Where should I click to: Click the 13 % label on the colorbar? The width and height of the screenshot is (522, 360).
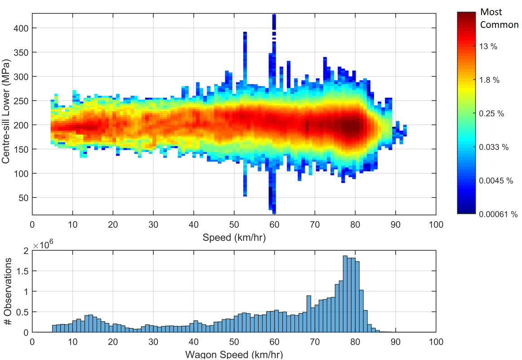(488, 46)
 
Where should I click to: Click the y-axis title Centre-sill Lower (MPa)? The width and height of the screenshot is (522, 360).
(6, 113)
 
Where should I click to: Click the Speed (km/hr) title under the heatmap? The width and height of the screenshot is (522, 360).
(234, 238)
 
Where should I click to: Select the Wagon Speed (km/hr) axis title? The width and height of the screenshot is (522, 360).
(234, 355)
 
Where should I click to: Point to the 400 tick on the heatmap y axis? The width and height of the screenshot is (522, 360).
(21, 28)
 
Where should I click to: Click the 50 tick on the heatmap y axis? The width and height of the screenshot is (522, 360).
(23, 198)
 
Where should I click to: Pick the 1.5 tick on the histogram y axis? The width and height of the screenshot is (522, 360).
(23, 271)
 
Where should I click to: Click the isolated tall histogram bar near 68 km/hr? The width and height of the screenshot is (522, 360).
(309, 314)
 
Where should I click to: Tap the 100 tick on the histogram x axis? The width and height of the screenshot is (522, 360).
(436, 342)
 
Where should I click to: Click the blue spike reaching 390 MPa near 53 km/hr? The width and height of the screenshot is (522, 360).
(245, 45)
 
